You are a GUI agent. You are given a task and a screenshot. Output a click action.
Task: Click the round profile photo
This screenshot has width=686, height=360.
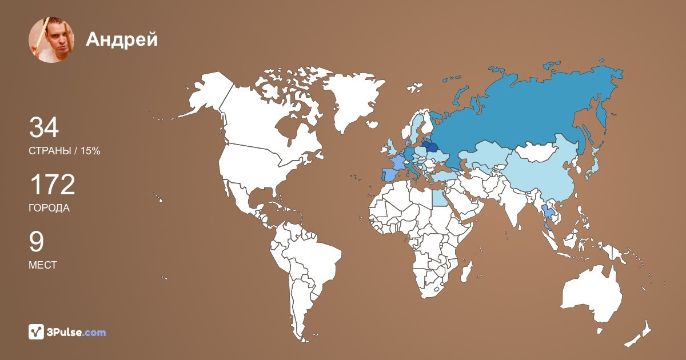click(51, 39)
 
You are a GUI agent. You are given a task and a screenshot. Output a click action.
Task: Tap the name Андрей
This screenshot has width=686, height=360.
click(121, 39)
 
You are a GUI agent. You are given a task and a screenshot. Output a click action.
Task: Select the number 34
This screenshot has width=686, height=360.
click(44, 127)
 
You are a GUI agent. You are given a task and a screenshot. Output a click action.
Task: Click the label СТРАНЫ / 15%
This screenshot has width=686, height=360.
click(65, 151)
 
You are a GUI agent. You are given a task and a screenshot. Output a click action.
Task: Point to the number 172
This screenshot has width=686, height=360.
click(52, 185)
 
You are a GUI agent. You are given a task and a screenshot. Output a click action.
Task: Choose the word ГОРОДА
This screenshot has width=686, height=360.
click(49, 208)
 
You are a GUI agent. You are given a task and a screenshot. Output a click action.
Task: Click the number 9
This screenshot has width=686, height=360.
click(36, 242)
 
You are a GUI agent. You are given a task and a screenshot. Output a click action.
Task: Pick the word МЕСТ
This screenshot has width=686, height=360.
click(43, 265)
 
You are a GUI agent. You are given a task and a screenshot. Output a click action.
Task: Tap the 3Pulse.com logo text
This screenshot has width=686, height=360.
click(77, 332)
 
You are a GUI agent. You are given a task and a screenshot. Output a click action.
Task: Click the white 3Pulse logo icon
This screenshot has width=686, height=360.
click(37, 332)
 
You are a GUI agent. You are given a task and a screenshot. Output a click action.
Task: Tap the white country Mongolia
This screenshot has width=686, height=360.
click(540, 151)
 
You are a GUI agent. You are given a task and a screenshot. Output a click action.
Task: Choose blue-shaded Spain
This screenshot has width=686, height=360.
click(390, 174)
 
